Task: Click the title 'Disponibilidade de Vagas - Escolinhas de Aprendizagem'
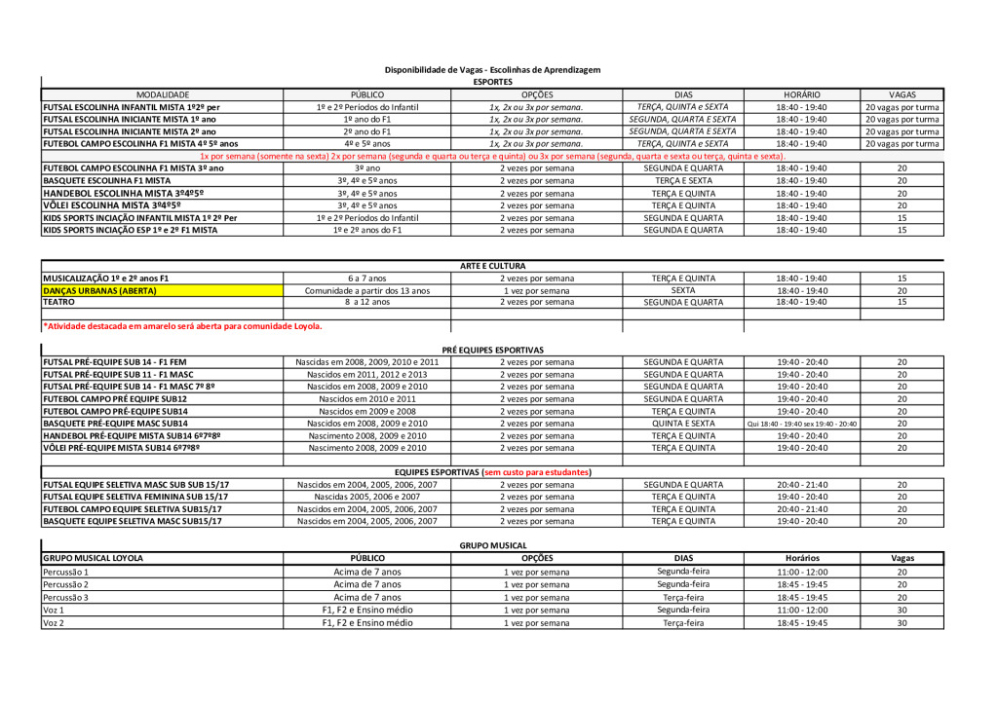pos(492,70)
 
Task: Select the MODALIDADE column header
pos(163,94)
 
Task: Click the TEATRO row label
pos(58,302)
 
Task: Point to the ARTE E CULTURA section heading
pos(492,266)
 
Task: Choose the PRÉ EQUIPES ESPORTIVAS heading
pos(492,350)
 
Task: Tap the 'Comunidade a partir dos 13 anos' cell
pos(366,290)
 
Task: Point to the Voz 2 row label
pos(54,622)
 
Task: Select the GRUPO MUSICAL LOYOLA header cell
pos(93,558)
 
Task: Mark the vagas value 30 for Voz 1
pos(902,610)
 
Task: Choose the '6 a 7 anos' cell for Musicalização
pos(366,278)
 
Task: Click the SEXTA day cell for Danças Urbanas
pos(683,290)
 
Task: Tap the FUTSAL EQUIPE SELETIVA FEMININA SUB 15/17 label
pos(135,497)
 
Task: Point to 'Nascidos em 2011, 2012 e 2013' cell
pos(366,374)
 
